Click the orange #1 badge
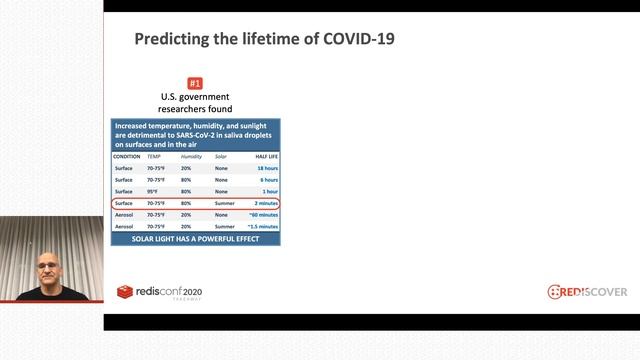tap(196, 82)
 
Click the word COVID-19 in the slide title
tap(351, 40)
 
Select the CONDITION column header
tap(127, 157)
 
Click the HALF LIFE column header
tap(263, 157)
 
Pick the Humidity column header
tap(191, 157)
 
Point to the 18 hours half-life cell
tap(265, 169)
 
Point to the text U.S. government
tap(196, 97)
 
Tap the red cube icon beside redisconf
tap(125, 292)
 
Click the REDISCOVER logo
tap(587, 291)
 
